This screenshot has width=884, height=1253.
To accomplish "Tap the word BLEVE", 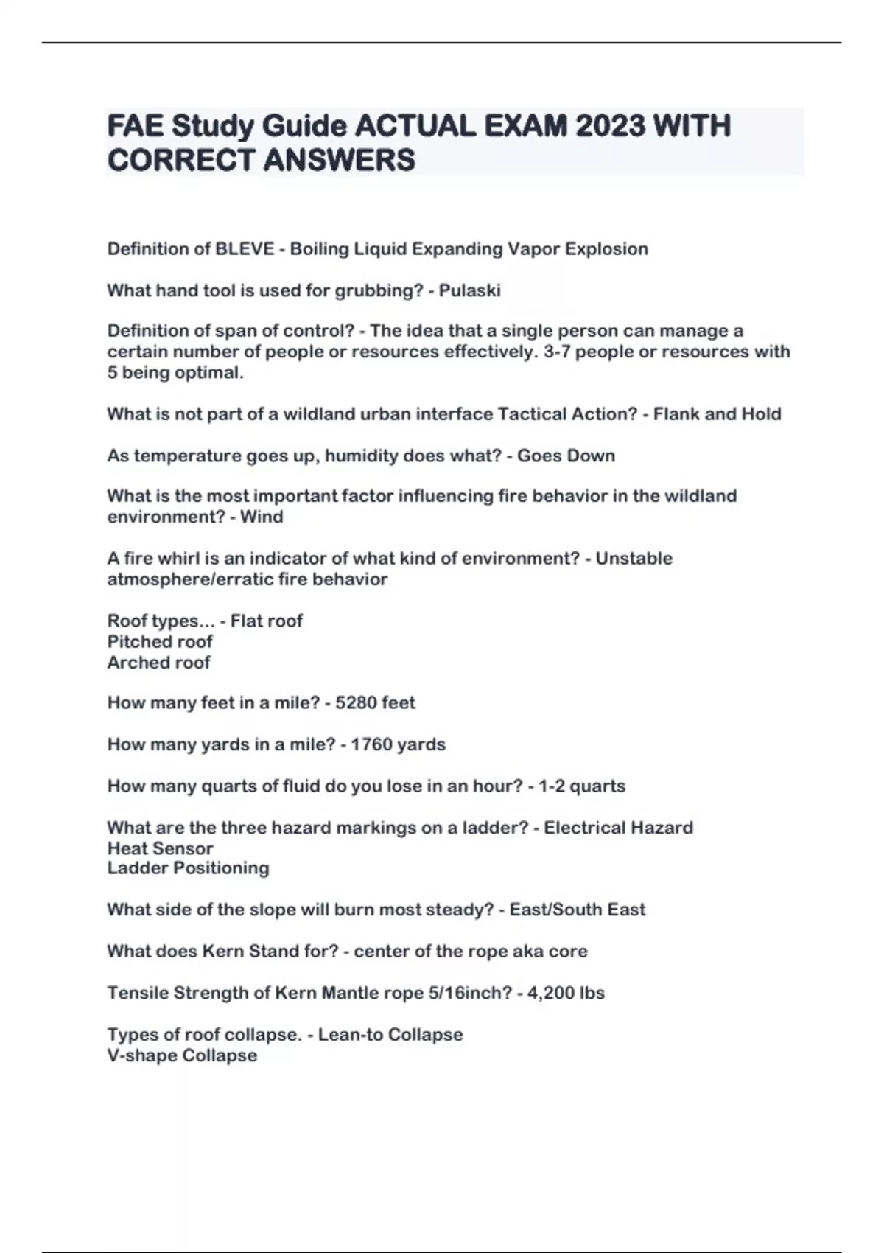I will [x=244, y=249].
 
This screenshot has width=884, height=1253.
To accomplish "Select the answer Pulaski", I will [x=469, y=290].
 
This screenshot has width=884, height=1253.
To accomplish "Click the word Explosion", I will [x=606, y=249].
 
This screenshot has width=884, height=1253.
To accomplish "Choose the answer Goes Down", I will [x=566, y=456].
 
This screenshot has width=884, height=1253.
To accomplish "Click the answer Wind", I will [x=262, y=517].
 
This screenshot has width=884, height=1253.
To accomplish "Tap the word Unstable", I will [x=634, y=558].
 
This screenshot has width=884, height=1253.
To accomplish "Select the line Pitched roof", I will [x=160, y=641].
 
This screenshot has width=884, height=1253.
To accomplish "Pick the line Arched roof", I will [x=159, y=662].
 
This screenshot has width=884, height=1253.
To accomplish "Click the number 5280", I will [x=356, y=703].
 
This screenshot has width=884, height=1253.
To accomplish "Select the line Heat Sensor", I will [x=160, y=848].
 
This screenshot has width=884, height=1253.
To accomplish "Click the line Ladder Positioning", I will [x=188, y=868].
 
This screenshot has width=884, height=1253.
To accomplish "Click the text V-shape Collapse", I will [x=182, y=1055].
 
